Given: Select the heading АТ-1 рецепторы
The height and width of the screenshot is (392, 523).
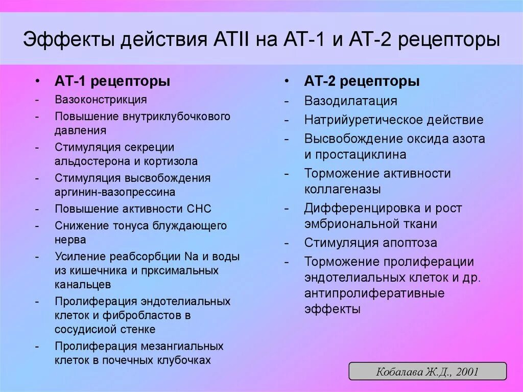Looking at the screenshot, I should tap(112, 81).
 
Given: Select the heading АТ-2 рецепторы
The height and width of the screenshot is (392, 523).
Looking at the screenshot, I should tap(362, 81).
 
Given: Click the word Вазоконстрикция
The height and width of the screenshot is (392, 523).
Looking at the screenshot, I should tap(101, 99).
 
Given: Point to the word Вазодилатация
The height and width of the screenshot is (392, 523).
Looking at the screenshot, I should tap(350, 101).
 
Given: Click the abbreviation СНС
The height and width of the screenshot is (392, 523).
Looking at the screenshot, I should tap(199, 209).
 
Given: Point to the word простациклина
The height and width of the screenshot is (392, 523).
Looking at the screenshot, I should tap(362, 154).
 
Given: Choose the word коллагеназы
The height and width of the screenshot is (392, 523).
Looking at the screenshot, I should tap(342, 189).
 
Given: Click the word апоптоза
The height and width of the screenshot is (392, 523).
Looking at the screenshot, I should tap(408, 243).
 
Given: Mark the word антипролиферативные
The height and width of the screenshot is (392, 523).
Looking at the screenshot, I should tap(374, 293).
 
